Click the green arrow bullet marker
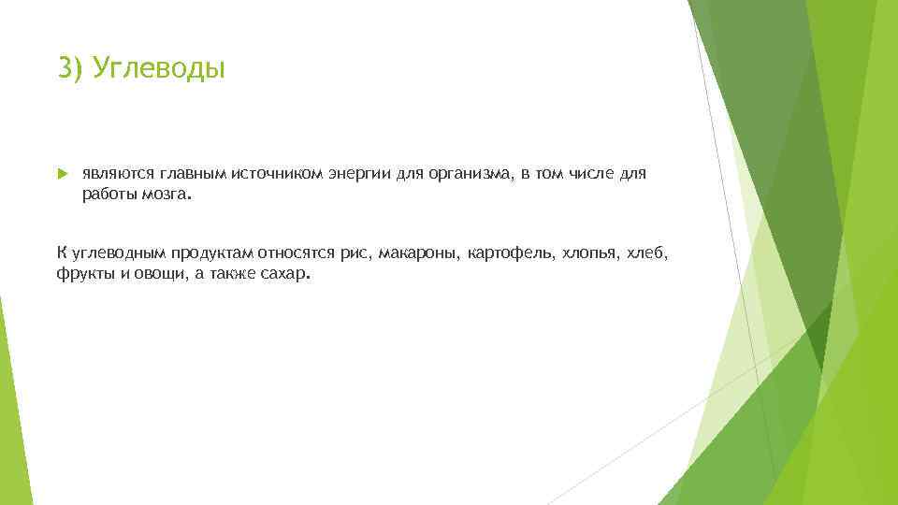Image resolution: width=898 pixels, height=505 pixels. pos(62,173)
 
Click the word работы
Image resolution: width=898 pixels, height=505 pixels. pos(108,194)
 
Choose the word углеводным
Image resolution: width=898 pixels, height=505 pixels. pos(120,255)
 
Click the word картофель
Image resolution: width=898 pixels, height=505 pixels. pos(508,255)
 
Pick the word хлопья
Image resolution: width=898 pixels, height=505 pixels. pos(590,255)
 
